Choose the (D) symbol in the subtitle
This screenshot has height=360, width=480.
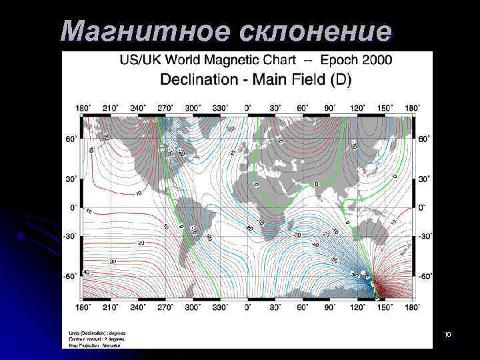click(340, 79)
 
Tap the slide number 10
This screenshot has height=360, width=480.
click(447, 333)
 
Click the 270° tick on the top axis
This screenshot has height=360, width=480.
click(165, 107)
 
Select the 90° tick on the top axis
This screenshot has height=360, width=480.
click(330, 107)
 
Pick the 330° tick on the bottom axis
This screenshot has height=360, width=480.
click(220, 308)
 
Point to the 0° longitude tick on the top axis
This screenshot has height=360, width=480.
click(248, 107)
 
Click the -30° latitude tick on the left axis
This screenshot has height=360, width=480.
click(70, 236)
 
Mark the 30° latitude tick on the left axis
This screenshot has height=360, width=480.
click(71, 179)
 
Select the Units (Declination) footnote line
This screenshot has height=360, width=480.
click(97, 333)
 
